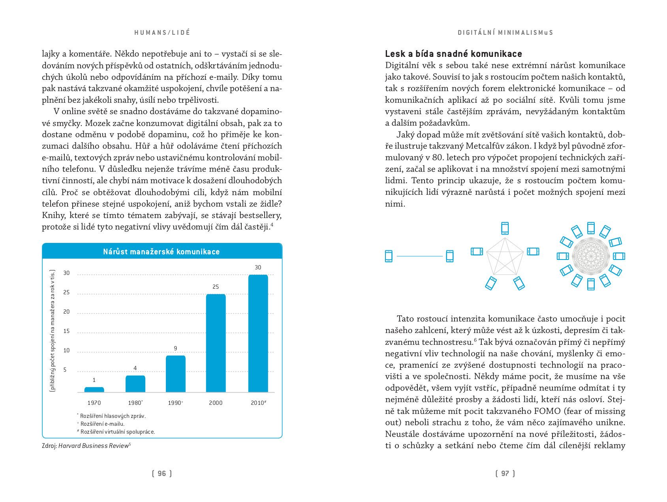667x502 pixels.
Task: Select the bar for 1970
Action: tap(94, 389)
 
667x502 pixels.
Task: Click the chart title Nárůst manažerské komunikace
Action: tap(161, 252)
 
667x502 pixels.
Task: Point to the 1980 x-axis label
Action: tap(135, 403)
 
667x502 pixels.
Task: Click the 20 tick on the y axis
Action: tap(66, 312)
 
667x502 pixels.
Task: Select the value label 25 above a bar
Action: tap(216, 287)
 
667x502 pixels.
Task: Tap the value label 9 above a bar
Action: tap(175, 348)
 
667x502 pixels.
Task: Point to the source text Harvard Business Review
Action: tap(94, 446)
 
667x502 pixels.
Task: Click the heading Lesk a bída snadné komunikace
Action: tap(453, 54)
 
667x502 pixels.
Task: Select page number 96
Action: tap(162, 474)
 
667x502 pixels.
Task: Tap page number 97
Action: tap(505, 474)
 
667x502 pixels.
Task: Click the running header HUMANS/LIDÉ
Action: tap(162, 32)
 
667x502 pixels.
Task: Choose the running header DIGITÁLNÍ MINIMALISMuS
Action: tap(505, 32)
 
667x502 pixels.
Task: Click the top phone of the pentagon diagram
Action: tap(505, 228)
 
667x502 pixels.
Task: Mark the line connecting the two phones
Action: tap(419, 256)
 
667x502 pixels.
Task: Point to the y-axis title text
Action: tap(53, 331)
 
